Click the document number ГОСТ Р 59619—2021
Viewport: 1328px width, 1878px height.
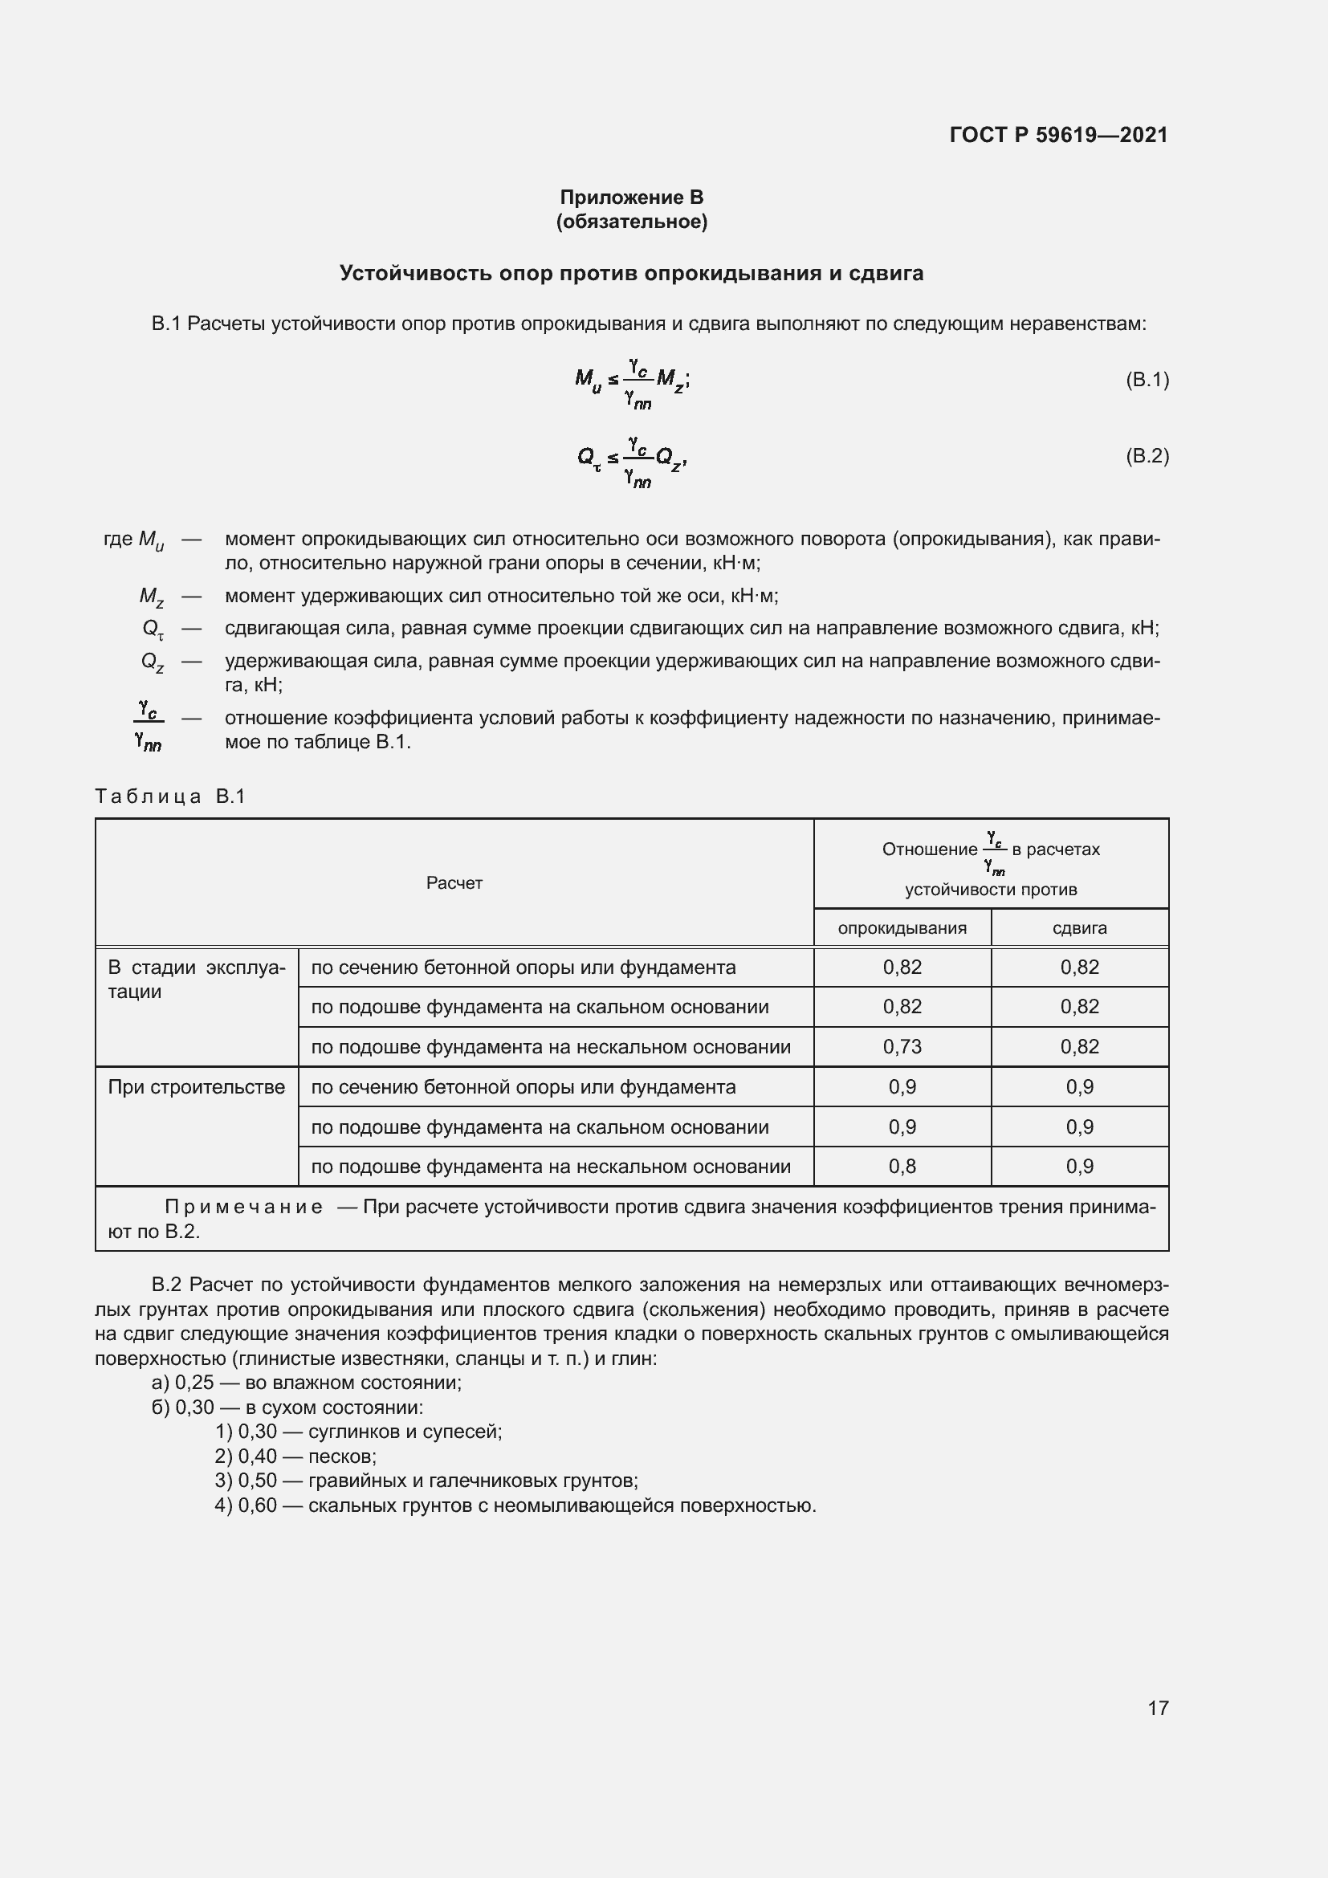[x=1058, y=135]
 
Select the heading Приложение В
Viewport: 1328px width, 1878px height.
[x=631, y=198]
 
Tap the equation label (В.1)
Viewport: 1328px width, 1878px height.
[x=1147, y=380]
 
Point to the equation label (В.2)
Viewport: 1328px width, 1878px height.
[x=1147, y=455]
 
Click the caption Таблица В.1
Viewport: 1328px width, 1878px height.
[x=170, y=796]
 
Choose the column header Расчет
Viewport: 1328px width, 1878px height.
[x=454, y=882]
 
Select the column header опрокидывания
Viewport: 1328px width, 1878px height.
[x=902, y=927]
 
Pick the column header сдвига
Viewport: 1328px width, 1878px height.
[x=1079, y=927]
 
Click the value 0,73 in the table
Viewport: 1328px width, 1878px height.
[x=902, y=1047]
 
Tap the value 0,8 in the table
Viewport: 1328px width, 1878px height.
[x=902, y=1167]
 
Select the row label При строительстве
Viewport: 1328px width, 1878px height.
[x=196, y=1087]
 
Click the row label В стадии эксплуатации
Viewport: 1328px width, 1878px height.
[x=196, y=979]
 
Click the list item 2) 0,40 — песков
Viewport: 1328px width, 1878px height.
[x=295, y=1456]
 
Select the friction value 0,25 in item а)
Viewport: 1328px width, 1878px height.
[x=194, y=1383]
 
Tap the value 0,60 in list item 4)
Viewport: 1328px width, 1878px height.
[x=258, y=1505]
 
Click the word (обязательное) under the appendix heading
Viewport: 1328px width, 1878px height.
[x=631, y=222]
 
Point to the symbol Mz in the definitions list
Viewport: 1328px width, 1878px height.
[x=152, y=597]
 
